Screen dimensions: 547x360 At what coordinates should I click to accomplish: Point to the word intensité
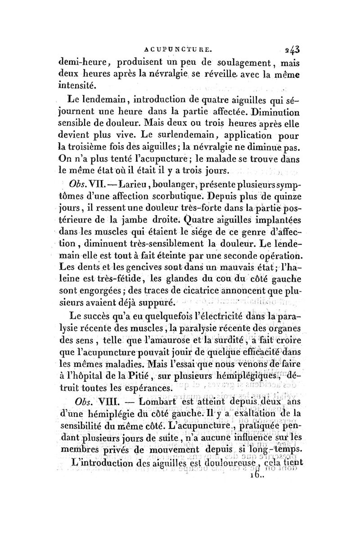point(78,84)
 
